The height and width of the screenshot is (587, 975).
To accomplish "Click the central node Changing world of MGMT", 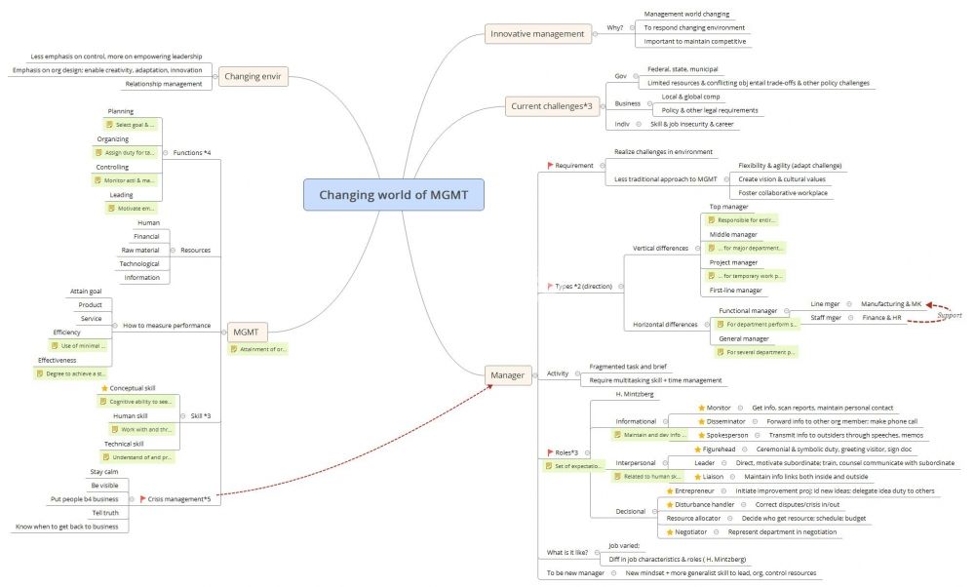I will [x=393, y=194].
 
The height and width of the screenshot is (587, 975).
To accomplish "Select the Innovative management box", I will [x=538, y=34].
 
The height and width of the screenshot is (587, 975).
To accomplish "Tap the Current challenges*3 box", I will [x=552, y=106].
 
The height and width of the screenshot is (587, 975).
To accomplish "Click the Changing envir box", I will [x=253, y=76].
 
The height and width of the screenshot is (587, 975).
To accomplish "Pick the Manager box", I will [x=508, y=374].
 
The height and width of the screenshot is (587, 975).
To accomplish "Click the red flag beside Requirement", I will [x=550, y=166].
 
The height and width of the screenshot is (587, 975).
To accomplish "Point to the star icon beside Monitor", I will [x=701, y=408].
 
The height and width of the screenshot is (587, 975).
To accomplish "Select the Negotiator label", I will [x=697, y=531].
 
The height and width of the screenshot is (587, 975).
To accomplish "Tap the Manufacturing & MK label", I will [x=891, y=304].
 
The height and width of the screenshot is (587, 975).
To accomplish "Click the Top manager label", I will [x=728, y=207].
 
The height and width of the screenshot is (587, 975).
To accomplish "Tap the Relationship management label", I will [x=164, y=84].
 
